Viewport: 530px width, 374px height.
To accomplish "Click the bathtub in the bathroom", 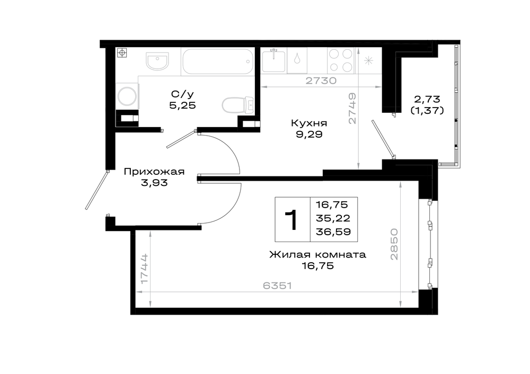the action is (218, 61).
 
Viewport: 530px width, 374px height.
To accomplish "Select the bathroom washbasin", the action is (157, 61).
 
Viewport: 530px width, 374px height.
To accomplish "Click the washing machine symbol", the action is (127, 96).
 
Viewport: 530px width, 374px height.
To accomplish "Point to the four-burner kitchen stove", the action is (341, 60).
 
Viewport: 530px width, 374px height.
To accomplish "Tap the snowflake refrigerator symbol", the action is (368, 61).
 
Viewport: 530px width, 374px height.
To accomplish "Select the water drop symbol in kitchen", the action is (297, 59).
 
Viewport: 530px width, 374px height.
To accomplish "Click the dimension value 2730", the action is (321, 81).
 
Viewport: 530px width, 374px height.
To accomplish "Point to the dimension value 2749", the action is (352, 109).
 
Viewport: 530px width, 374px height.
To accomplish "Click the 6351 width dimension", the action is (277, 286).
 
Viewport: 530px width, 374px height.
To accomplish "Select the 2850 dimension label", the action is (394, 244).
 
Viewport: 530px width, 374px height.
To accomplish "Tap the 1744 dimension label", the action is (144, 269).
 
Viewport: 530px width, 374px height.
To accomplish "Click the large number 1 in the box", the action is (291, 220).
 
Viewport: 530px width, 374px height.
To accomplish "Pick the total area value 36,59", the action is (333, 232).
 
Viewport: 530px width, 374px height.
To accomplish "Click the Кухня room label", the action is (309, 123).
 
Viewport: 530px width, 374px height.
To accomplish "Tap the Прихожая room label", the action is (154, 172).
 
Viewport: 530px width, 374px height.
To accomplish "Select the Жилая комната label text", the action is (317, 254).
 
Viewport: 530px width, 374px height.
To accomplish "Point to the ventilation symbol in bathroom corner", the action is (122, 52).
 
